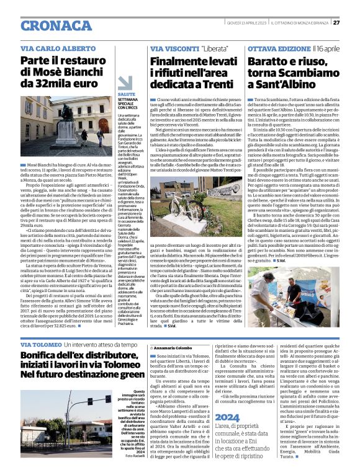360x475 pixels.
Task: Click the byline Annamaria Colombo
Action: pyautogui.click(x=176, y=349)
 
